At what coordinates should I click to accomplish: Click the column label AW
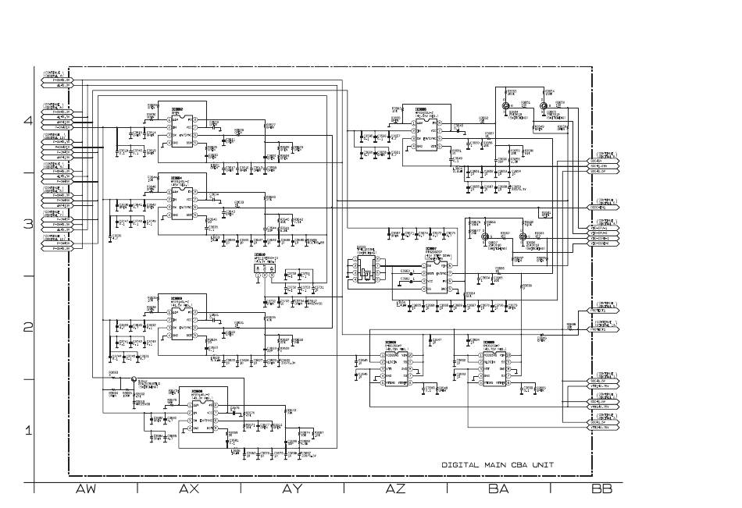pyautogui.click(x=85, y=489)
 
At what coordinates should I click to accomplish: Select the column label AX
pyautogui.click(x=188, y=489)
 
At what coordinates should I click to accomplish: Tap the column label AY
pyautogui.click(x=292, y=489)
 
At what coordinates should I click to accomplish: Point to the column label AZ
pyautogui.click(x=395, y=489)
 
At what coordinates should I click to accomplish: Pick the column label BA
pyautogui.click(x=498, y=489)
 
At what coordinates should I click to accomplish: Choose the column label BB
pyautogui.click(x=601, y=489)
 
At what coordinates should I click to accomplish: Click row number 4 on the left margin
pyautogui.click(x=28, y=121)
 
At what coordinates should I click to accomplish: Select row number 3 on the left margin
pyautogui.click(x=28, y=224)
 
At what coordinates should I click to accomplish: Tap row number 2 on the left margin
pyautogui.click(x=28, y=328)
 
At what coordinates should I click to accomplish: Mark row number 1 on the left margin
pyautogui.click(x=28, y=431)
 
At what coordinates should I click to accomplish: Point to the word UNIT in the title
pyautogui.click(x=542, y=464)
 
